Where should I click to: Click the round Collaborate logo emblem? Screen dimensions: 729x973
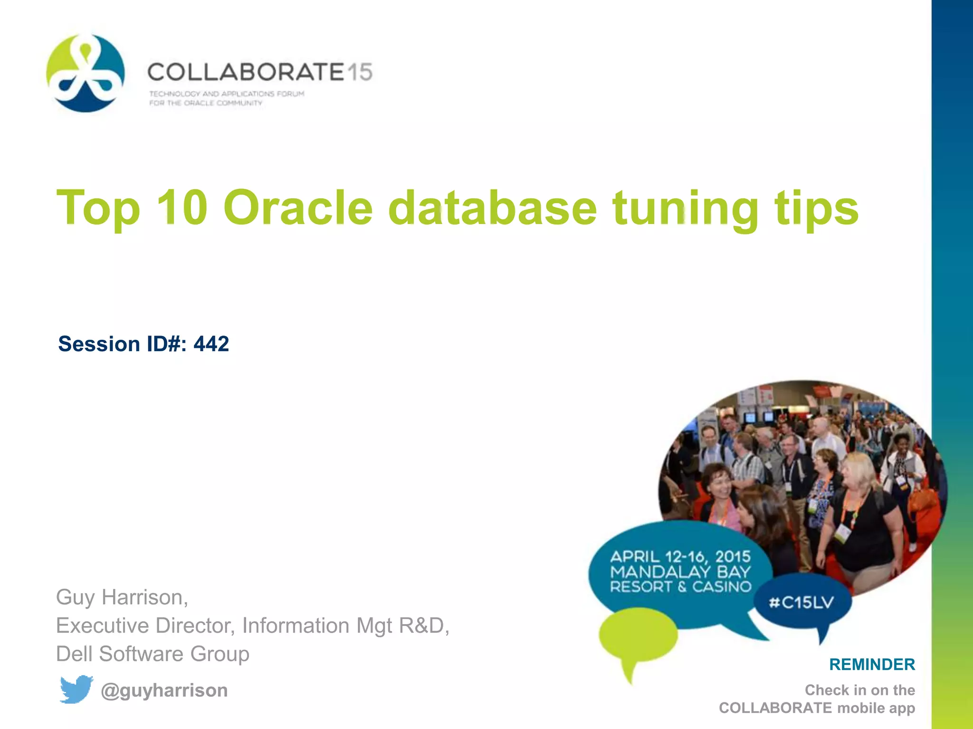86,73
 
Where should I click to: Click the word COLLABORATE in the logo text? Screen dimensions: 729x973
245,73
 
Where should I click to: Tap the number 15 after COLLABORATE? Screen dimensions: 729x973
359,73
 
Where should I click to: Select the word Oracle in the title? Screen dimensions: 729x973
298,208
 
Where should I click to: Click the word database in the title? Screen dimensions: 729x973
492,208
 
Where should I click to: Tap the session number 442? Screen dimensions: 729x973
211,344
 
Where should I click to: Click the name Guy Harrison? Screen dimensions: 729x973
122,597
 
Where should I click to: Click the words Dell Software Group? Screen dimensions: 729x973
153,654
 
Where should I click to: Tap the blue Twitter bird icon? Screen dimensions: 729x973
76,689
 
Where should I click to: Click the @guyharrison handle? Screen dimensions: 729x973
164,690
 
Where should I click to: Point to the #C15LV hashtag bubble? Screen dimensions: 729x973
801,603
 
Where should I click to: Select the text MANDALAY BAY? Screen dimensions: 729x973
680,572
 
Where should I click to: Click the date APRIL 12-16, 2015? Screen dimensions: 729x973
680,556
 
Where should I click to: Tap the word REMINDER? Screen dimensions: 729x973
872,664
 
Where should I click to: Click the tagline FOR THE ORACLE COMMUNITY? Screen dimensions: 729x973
206,103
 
